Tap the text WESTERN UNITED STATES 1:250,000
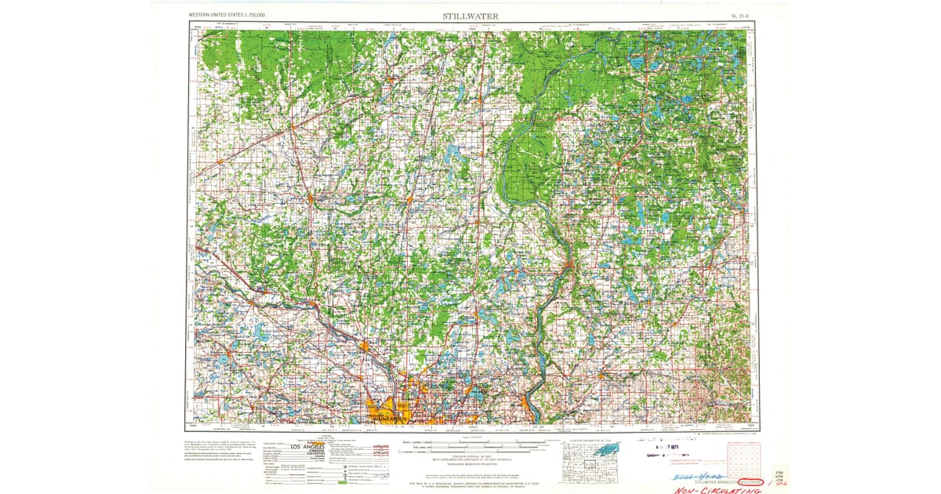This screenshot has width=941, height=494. pyautogui.click(x=227, y=16)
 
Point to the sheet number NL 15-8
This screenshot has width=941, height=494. pyautogui.click(x=739, y=16)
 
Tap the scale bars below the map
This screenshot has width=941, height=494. pyautogui.click(x=468, y=448)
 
